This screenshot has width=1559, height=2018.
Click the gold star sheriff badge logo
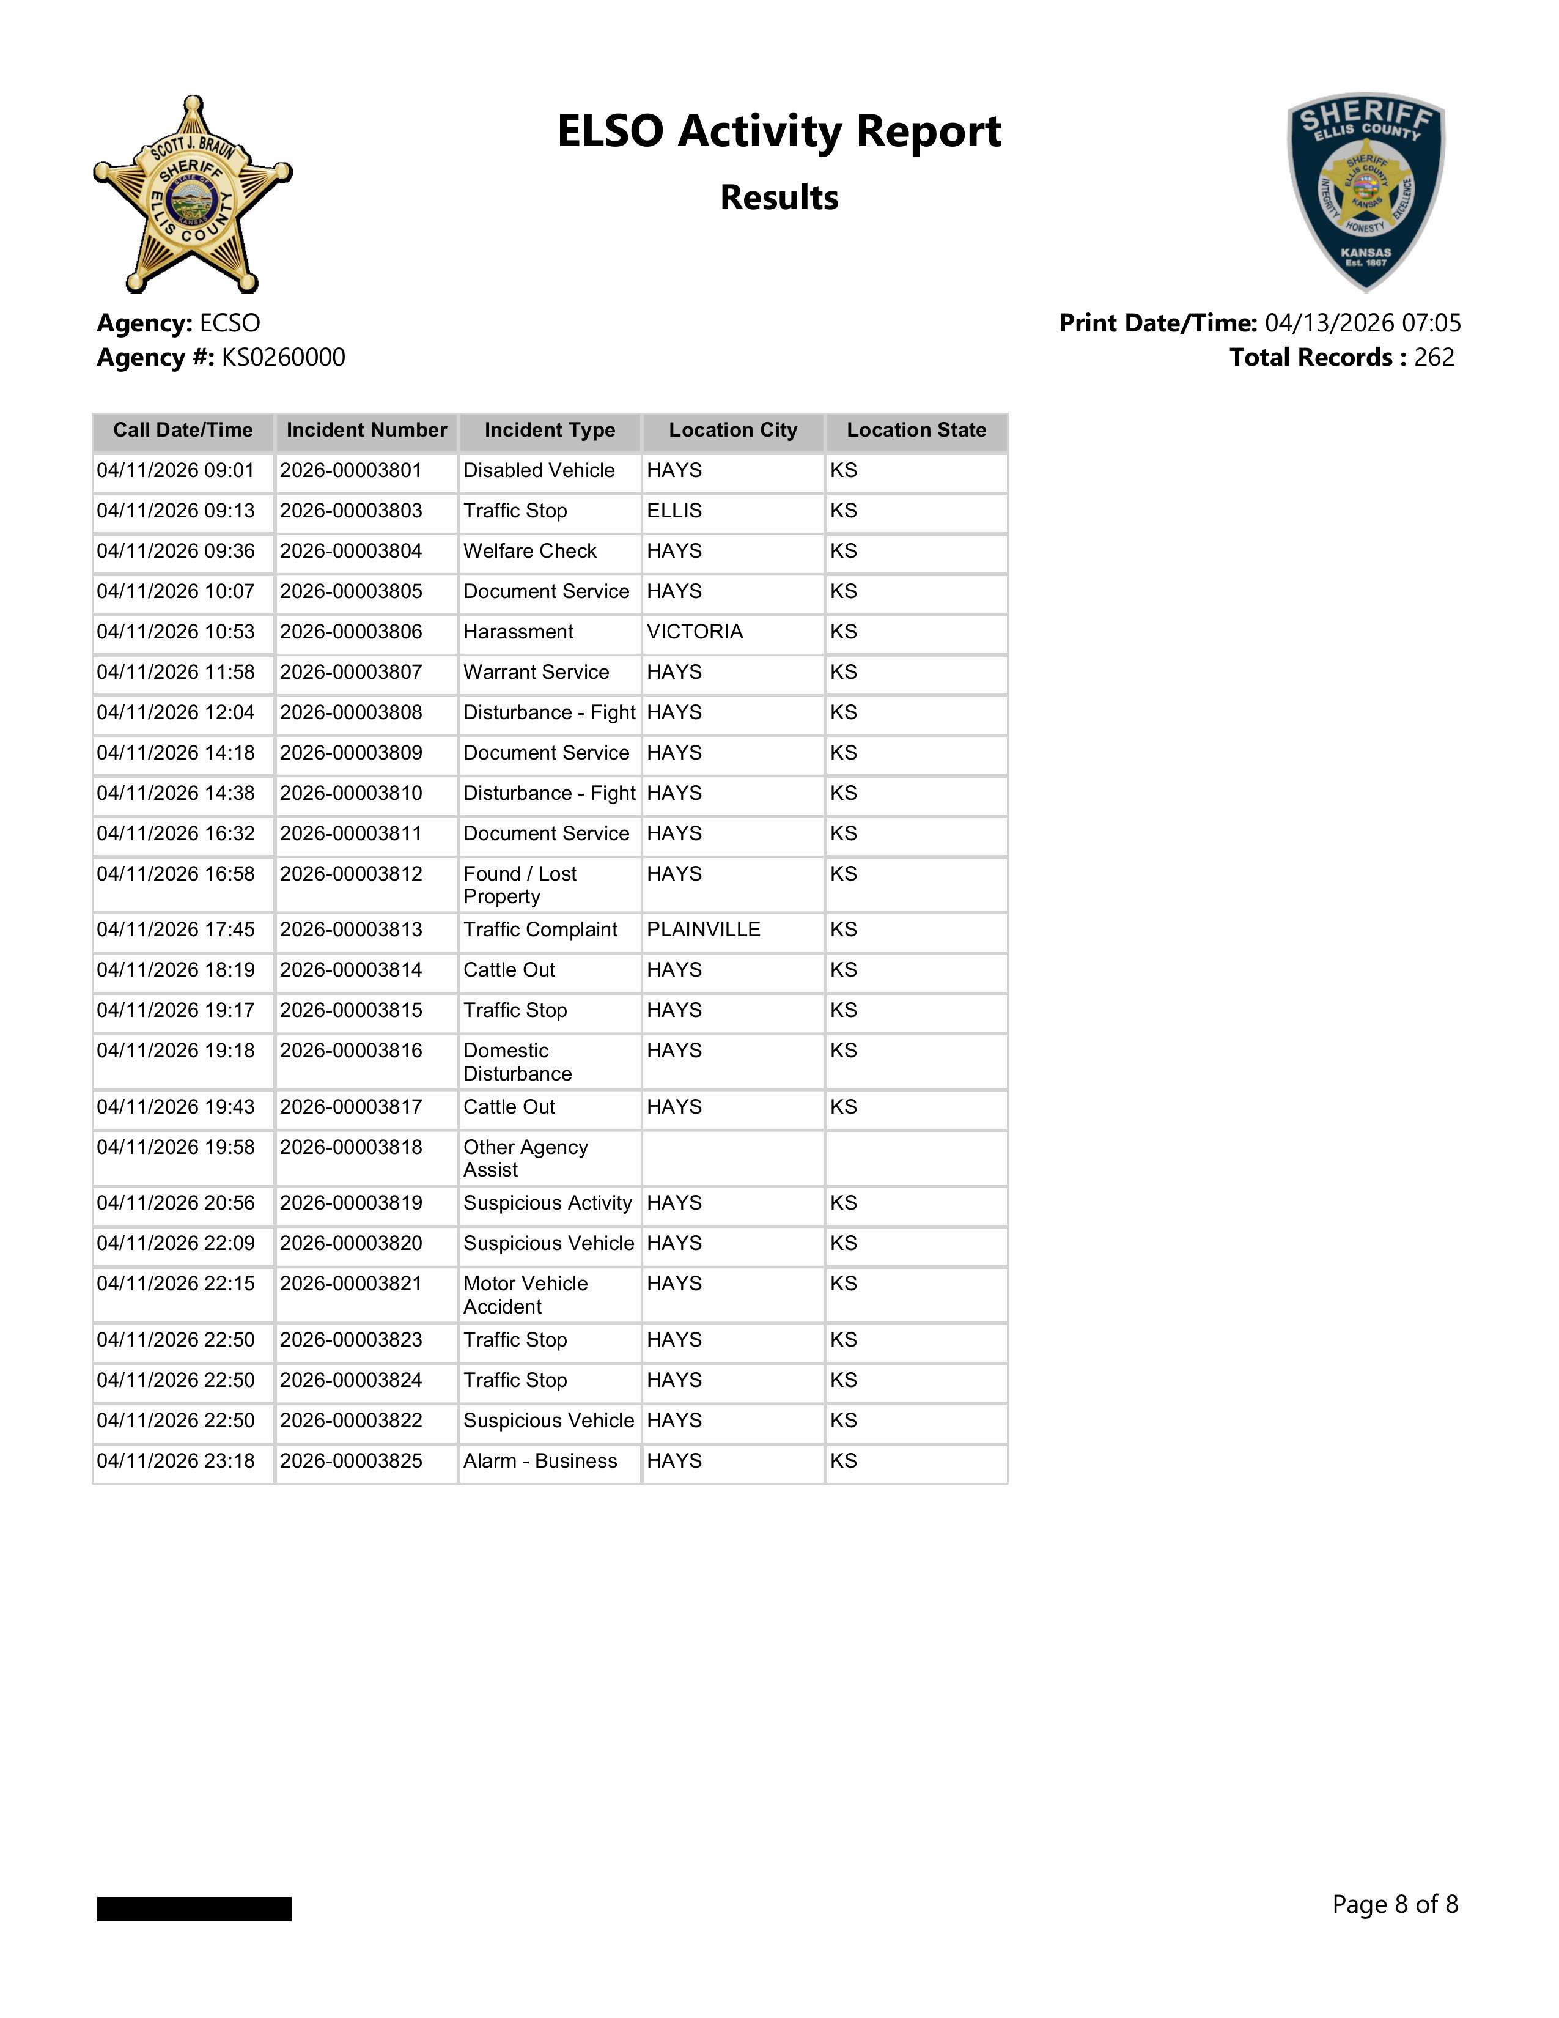pyautogui.click(x=192, y=194)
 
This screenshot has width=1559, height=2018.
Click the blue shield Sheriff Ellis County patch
pyautogui.click(x=1366, y=190)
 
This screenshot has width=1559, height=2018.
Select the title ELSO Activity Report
pyautogui.click(x=778, y=131)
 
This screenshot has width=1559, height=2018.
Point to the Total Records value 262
pyautogui.click(x=1434, y=358)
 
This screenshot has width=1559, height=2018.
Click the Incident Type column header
pyautogui.click(x=550, y=431)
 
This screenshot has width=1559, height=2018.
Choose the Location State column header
pyautogui.click(x=916, y=431)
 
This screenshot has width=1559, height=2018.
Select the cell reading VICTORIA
pyautogui.click(x=695, y=632)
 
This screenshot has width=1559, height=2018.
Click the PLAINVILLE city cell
pyautogui.click(x=703, y=930)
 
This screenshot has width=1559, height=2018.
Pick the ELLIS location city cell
pyautogui.click(x=674, y=511)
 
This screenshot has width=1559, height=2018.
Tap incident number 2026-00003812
pyautogui.click(x=351, y=874)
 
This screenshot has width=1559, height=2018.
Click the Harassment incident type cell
pyautogui.click(x=518, y=632)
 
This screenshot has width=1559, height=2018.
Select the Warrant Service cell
pyautogui.click(x=536, y=673)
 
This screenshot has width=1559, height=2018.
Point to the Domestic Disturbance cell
pyautogui.click(x=517, y=1062)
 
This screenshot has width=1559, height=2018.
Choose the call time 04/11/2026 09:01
pyautogui.click(x=175, y=470)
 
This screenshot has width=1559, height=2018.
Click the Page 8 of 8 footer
pyautogui.click(x=1395, y=1904)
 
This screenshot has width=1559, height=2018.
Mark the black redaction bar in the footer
pyautogui.click(x=194, y=1908)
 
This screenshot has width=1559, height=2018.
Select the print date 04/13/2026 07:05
pyautogui.click(x=1362, y=323)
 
